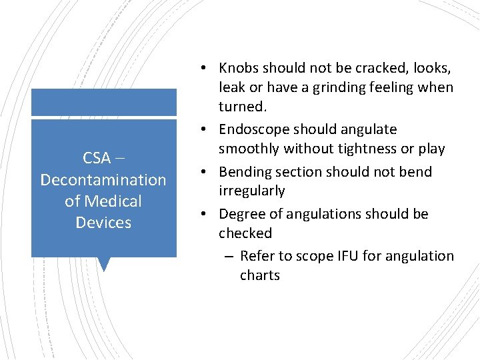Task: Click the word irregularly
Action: click(251, 191)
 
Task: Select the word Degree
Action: click(241, 214)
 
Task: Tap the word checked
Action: click(245, 233)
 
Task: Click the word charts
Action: click(260, 275)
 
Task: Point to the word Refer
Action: click(257, 256)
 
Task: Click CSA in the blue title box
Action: click(97, 159)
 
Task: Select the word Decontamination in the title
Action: click(103, 180)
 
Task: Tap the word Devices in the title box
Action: click(103, 223)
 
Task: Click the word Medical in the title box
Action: click(114, 201)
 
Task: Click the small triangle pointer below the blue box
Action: click(103, 263)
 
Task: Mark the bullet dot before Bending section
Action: click(207, 173)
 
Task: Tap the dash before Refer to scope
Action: click(229, 257)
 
